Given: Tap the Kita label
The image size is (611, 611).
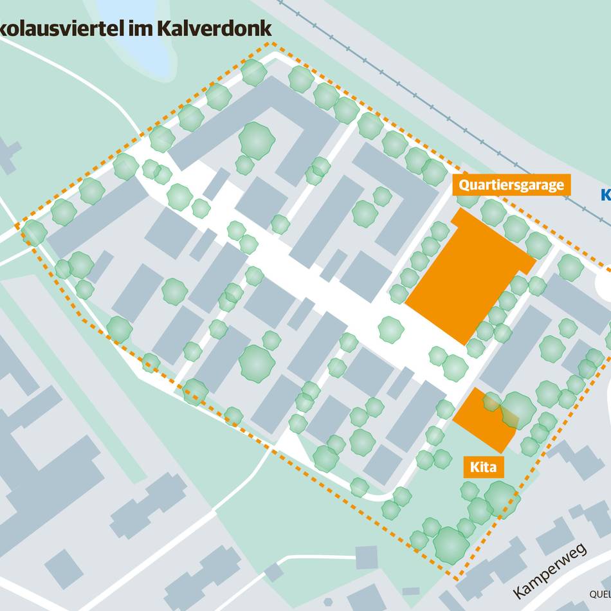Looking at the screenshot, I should [482, 467].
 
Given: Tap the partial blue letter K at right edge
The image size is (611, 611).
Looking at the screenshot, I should [605, 194].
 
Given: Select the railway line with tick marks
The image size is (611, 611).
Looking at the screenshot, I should [412, 96].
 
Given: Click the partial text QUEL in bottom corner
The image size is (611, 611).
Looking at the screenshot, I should [599, 594].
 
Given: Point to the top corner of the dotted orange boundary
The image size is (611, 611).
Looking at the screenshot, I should [274, 44].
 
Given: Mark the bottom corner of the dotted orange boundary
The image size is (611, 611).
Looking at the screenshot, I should [457, 579].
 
